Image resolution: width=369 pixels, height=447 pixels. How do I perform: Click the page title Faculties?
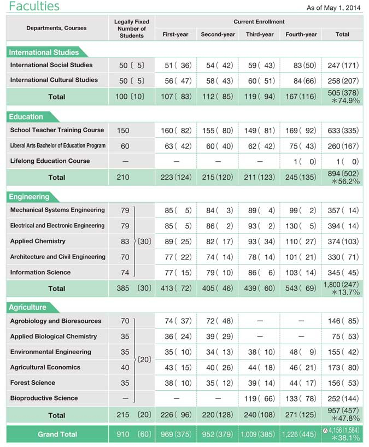coord(34,7)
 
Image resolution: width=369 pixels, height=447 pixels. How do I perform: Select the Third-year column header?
coord(260,34)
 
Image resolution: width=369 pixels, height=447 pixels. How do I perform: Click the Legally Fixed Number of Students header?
coord(131,28)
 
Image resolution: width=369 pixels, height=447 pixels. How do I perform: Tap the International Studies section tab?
coord(44,52)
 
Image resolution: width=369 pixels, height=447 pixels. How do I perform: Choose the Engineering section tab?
coord(30,197)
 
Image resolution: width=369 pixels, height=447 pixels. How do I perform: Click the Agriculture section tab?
coord(28,307)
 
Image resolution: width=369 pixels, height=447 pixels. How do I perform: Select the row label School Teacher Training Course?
coord(57,130)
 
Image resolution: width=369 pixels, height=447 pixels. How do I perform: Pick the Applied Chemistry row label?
coord(38,241)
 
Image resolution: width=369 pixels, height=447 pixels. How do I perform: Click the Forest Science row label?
coord(33,383)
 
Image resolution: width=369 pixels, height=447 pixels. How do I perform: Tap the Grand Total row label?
coord(57,434)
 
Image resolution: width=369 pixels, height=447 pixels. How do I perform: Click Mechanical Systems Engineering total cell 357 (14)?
coord(342,210)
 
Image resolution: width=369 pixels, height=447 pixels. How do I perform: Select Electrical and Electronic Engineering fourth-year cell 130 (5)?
coord(301,226)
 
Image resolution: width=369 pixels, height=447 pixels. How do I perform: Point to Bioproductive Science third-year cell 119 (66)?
coord(260,398)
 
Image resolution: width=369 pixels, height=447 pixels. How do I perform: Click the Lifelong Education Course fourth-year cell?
coord(301,161)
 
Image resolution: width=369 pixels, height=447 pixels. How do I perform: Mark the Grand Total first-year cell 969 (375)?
coord(175,434)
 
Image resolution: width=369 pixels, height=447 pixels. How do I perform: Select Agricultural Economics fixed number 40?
coord(125,367)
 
